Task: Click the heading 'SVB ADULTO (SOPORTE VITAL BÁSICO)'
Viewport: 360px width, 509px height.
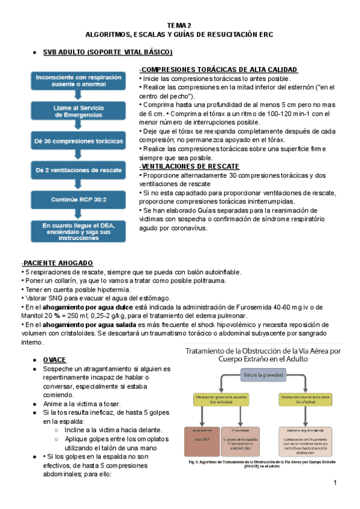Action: pos(107,53)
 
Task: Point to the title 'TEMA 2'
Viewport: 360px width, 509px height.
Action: pos(179,25)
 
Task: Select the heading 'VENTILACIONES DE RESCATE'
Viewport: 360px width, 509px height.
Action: pos(190,166)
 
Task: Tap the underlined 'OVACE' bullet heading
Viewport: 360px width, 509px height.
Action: pos(55,359)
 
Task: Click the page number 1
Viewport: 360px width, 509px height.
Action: pos(335,484)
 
